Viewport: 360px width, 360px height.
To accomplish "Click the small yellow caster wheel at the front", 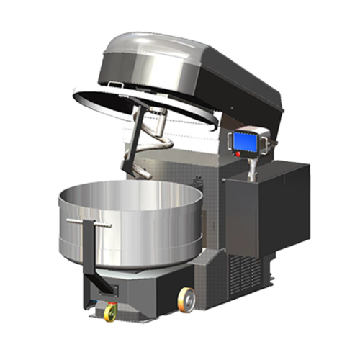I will point(111,312).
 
